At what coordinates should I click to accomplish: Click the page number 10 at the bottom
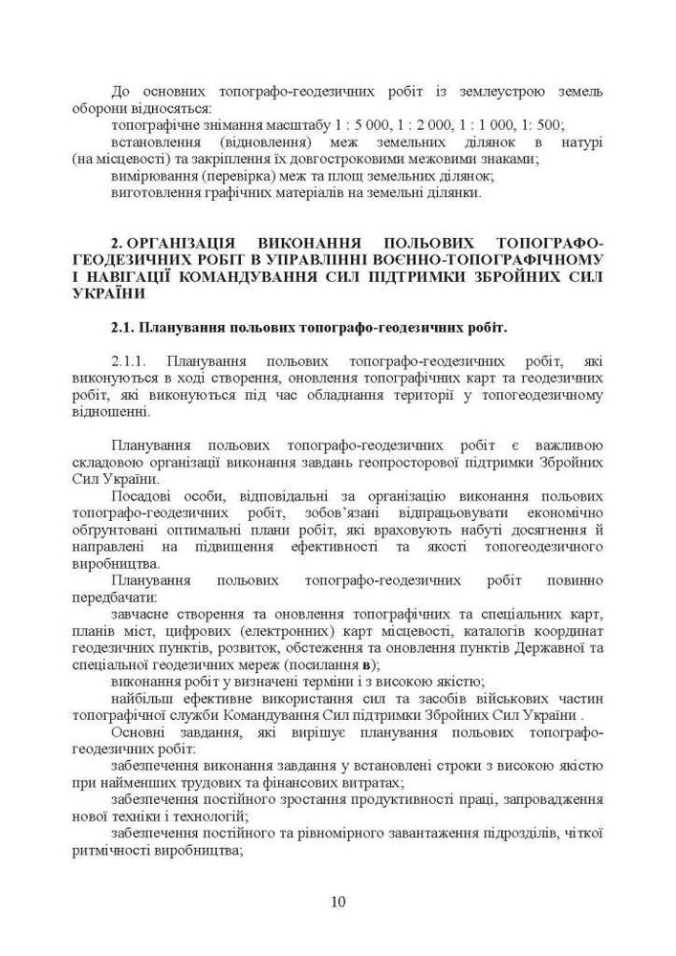pos(338,901)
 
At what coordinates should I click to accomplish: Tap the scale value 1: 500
pos(545,125)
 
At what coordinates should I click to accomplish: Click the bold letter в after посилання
pos(362,664)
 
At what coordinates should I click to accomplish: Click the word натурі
pos(583,142)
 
